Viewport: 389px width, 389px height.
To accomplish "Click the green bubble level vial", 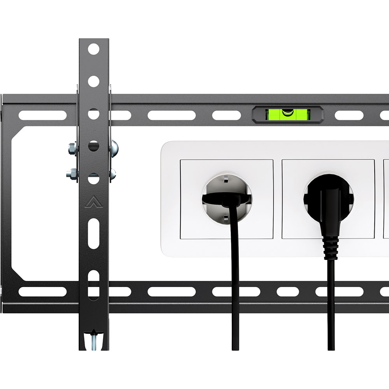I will [x=288, y=114].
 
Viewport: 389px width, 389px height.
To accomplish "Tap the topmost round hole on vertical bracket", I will [x=93, y=49].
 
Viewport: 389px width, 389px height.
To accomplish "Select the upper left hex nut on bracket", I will [x=72, y=148].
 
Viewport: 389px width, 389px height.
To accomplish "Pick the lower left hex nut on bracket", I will [x=72, y=173].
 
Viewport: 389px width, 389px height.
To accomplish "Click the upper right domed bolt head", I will [x=114, y=148].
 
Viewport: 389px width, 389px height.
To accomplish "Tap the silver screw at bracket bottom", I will [x=93, y=340].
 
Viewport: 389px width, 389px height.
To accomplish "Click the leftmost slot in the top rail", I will [x=43, y=115].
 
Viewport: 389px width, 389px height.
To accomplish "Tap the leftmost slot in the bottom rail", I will [x=43, y=292].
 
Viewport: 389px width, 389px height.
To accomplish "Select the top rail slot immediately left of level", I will [x=227, y=115].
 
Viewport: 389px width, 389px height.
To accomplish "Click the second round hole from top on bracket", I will [x=93, y=81].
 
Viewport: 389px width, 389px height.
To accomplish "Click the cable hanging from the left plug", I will [x=235, y=292].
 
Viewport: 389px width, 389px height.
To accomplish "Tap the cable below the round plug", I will [x=331, y=311].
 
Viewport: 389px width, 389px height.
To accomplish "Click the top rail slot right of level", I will [x=349, y=115].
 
